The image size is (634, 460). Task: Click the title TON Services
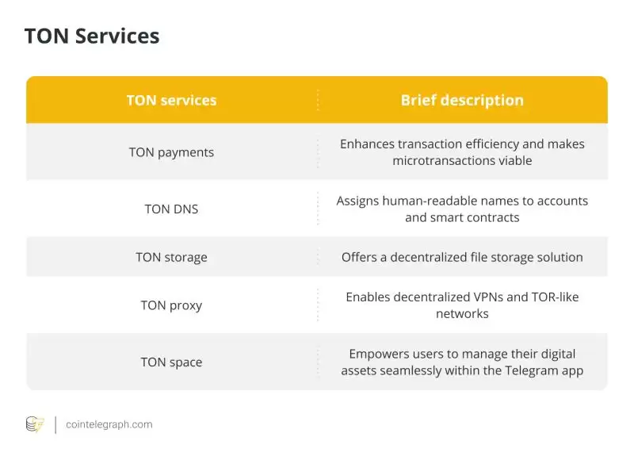click(92, 36)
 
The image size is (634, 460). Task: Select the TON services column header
click(171, 101)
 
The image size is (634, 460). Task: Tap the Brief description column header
click(462, 101)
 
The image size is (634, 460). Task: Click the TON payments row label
click(171, 152)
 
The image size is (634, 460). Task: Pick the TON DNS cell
click(171, 209)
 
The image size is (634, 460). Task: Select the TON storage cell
click(171, 257)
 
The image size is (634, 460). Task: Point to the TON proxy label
click(171, 305)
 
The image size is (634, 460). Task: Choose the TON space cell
click(171, 362)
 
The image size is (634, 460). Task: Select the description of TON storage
click(462, 257)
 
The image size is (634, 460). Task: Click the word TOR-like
click(552, 297)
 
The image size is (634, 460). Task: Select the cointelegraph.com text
click(109, 425)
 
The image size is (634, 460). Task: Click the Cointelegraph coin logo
click(35, 425)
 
